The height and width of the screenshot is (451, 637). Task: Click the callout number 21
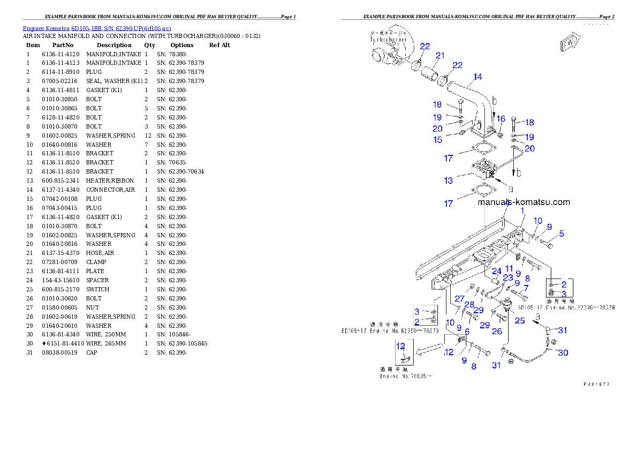click(440, 56)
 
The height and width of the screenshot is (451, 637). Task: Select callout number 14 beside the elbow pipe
click(477, 77)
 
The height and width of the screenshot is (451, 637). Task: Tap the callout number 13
click(448, 181)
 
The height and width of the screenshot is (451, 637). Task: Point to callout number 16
click(500, 119)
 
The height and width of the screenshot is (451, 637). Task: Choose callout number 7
click(526, 288)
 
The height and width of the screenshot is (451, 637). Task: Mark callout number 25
click(519, 321)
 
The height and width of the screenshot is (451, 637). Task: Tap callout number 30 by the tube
click(563, 352)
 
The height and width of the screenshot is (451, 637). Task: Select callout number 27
click(459, 298)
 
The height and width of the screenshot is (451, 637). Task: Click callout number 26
click(497, 332)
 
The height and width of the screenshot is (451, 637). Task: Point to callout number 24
click(497, 271)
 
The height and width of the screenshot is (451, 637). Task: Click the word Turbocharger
click(388, 40)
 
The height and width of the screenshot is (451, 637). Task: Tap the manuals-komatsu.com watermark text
click(524, 202)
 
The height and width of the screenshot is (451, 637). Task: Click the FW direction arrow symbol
click(570, 43)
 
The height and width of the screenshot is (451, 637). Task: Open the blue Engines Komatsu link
click(97, 28)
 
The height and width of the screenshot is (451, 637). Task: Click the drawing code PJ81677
click(596, 384)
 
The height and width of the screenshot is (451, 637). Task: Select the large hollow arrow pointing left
click(429, 350)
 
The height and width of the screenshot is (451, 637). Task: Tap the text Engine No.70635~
click(406, 377)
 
